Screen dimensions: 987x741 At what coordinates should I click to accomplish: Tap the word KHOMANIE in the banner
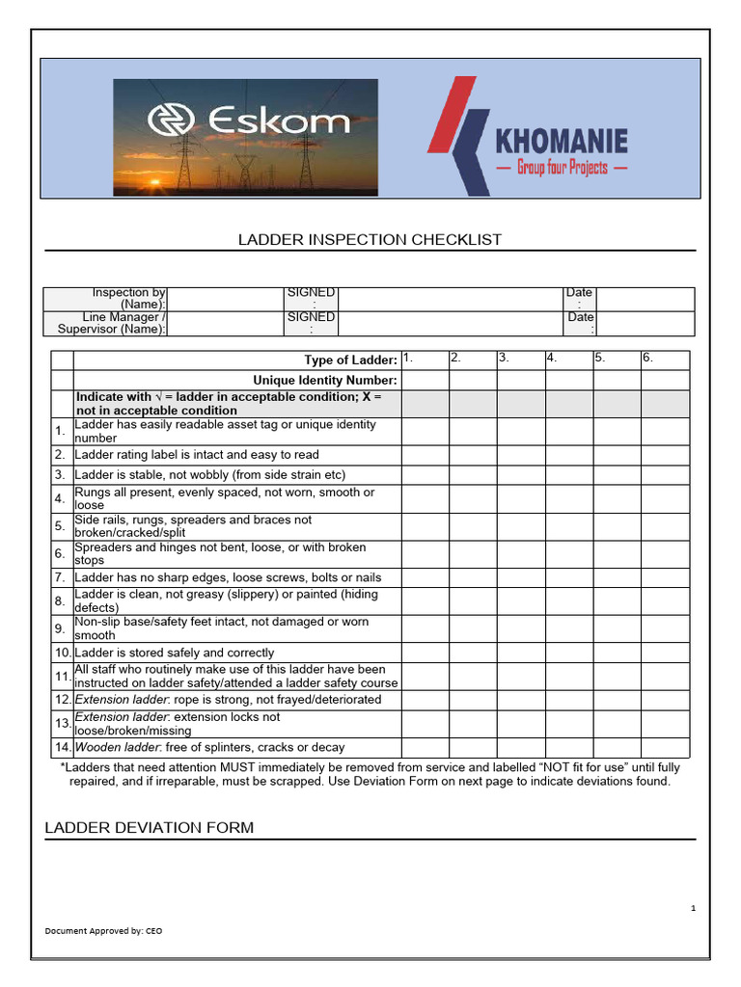tap(561, 142)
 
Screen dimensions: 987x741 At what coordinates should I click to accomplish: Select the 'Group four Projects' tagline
tap(561, 168)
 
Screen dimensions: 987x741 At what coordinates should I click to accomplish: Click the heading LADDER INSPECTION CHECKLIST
tap(370, 240)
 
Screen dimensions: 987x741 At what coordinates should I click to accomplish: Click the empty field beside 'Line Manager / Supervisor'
tap(225, 323)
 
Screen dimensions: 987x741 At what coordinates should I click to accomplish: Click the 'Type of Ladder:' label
tap(350, 360)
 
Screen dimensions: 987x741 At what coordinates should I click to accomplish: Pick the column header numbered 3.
tap(504, 359)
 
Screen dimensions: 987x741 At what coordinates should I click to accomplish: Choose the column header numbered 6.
tap(648, 359)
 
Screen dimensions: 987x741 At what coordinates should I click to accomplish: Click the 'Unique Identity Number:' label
tap(325, 381)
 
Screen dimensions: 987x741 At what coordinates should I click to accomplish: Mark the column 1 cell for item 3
tap(425, 475)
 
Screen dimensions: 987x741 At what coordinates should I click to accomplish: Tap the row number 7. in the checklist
tap(60, 578)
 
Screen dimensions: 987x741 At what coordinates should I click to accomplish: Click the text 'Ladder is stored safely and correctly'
tap(175, 654)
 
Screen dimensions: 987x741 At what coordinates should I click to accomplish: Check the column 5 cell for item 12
tap(617, 700)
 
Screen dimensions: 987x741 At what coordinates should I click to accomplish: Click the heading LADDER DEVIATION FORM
tap(150, 828)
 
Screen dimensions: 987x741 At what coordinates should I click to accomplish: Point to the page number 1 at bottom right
tap(693, 908)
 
